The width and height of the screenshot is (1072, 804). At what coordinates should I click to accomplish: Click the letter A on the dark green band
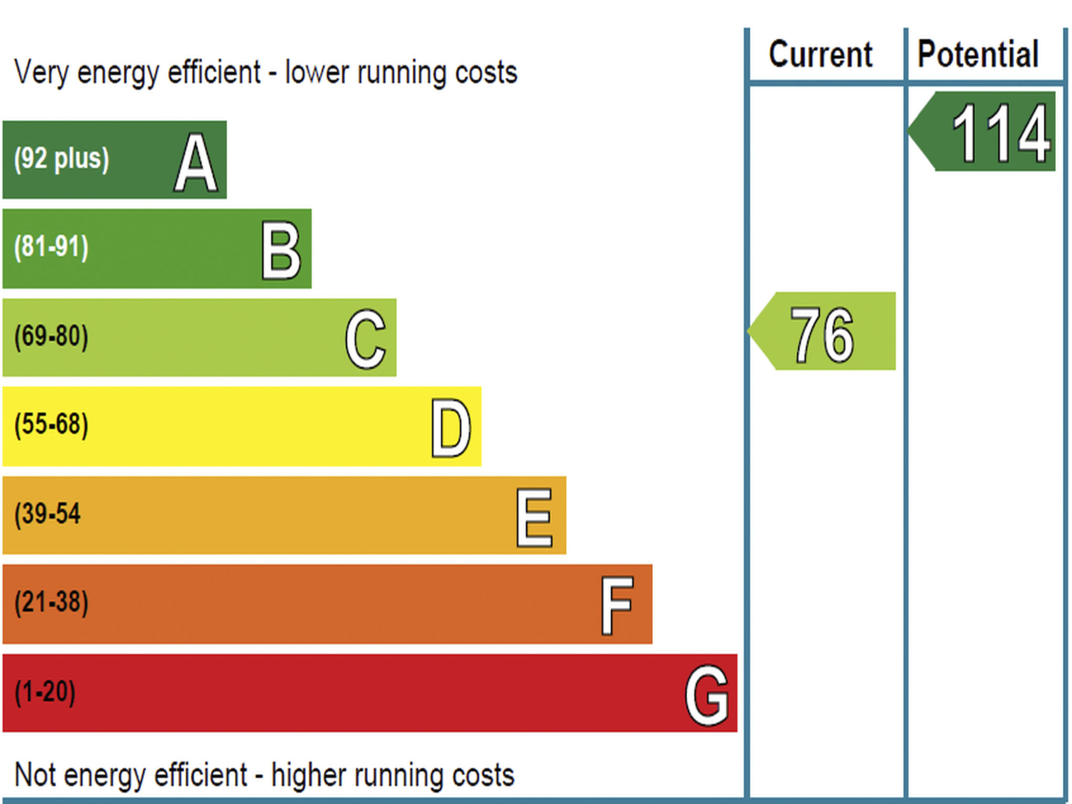(x=196, y=162)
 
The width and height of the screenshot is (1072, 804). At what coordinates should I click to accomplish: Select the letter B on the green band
(x=281, y=250)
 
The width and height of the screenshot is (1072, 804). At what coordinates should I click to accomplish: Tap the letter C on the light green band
(x=365, y=339)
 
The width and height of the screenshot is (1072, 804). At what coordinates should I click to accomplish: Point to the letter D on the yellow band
(x=451, y=428)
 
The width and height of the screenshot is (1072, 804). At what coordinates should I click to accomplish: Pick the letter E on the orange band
(x=534, y=517)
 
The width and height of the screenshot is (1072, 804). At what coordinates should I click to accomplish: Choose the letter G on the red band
(x=707, y=695)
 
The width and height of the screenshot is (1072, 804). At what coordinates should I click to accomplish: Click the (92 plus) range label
(x=62, y=159)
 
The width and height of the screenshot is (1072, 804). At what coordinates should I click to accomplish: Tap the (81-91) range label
(x=51, y=247)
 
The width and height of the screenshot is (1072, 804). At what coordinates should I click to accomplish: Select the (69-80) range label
(x=51, y=336)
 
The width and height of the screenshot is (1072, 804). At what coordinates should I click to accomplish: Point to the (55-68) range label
(x=51, y=424)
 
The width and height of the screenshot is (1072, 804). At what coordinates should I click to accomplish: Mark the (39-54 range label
(x=48, y=513)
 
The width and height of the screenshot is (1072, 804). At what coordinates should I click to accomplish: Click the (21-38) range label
(x=51, y=602)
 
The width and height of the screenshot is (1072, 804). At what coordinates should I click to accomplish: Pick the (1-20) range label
(x=45, y=691)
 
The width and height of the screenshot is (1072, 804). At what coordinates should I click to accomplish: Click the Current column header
(x=820, y=54)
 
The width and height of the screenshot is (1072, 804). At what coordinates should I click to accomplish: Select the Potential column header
(x=978, y=54)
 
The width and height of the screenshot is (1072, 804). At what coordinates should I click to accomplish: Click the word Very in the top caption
(x=41, y=72)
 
